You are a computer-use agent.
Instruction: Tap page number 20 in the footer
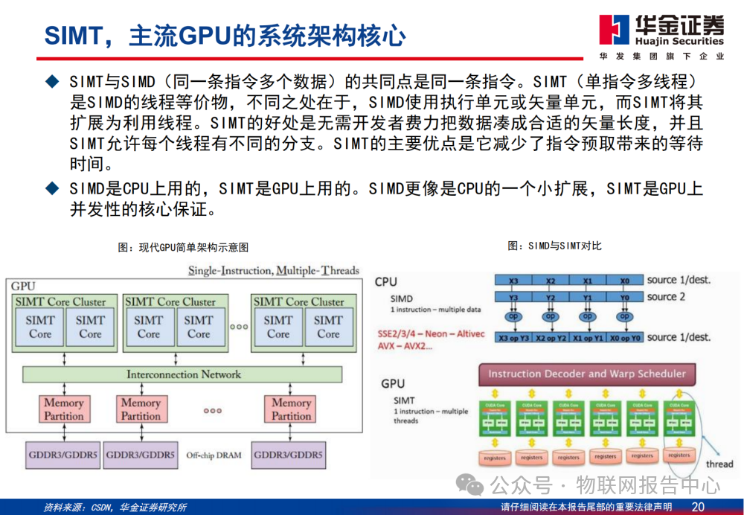click(x=698, y=507)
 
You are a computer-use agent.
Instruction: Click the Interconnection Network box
click(x=184, y=374)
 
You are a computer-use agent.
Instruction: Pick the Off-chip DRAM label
click(x=214, y=455)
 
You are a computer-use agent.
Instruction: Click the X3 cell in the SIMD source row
click(x=513, y=281)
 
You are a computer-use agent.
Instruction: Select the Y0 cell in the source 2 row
click(x=624, y=298)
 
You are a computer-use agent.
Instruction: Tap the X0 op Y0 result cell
click(x=624, y=337)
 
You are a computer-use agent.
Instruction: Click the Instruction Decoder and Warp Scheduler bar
click(x=586, y=374)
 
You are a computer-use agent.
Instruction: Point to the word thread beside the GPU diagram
click(x=719, y=464)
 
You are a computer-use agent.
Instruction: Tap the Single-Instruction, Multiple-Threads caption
click(x=273, y=270)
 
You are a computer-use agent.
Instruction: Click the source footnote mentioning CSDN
click(x=115, y=508)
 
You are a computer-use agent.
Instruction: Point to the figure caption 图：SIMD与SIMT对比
click(x=554, y=246)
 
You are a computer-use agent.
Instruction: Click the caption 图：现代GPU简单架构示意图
click(x=183, y=247)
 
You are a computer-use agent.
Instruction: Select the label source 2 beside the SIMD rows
click(x=672, y=297)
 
